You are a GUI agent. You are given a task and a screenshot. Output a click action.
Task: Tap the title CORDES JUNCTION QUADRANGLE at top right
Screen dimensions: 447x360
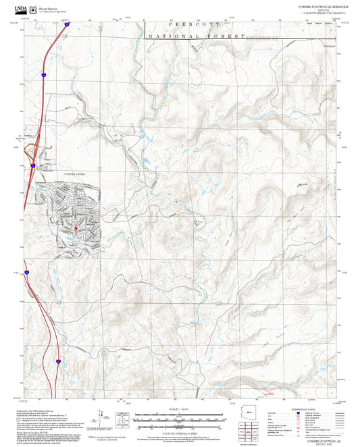pyautogui.click(x=323, y=5)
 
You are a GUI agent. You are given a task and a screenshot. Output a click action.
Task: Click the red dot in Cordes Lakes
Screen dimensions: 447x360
pyautogui.click(x=75, y=228)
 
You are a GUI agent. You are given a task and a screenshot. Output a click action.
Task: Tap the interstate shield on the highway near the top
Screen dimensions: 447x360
pyautogui.click(x=43, y=70)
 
